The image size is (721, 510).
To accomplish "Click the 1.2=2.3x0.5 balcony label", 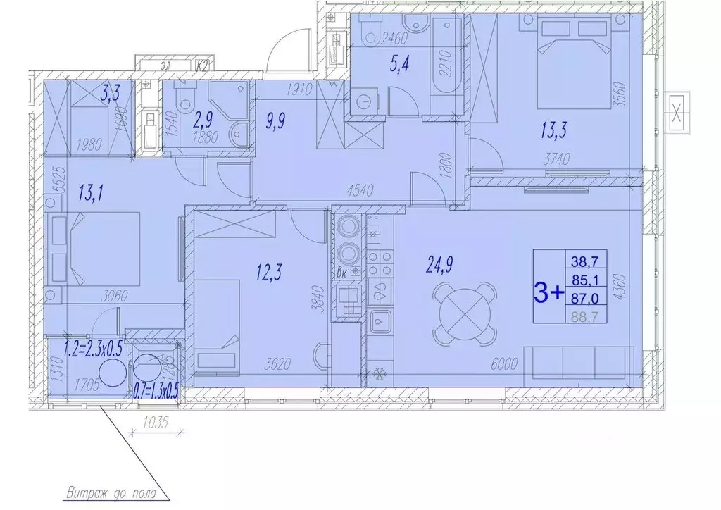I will coord(92,347).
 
